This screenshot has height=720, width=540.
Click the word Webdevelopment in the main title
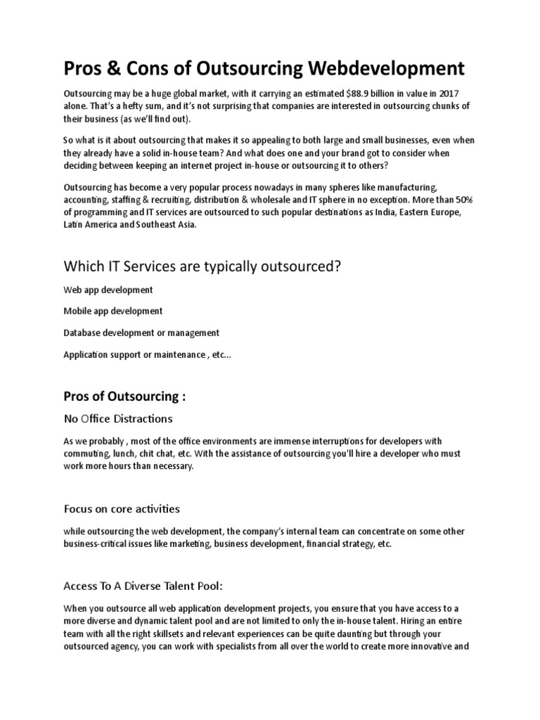385,68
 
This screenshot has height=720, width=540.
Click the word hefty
122,106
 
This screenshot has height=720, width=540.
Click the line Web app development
108,290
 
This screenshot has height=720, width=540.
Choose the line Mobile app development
113,311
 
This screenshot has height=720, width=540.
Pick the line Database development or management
141,333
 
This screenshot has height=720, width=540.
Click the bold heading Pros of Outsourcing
124,397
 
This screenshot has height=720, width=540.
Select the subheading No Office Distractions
118,419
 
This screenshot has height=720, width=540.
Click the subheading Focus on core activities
122,508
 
